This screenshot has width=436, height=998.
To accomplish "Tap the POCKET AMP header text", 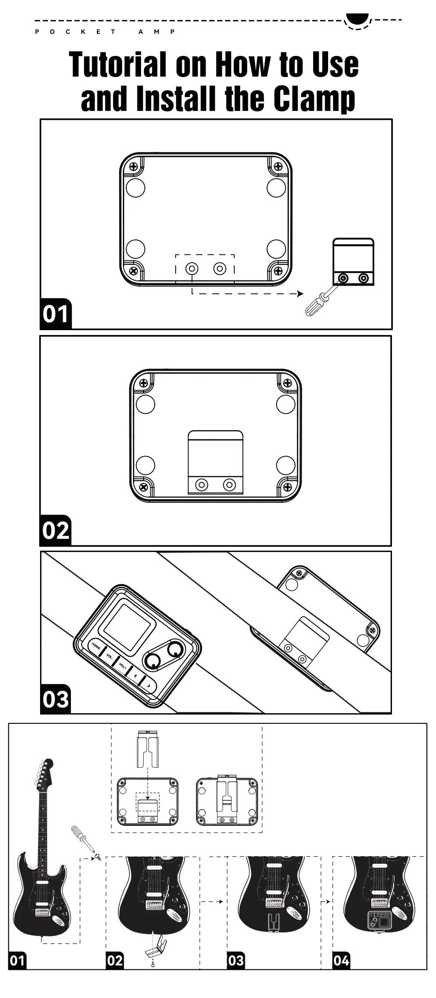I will [105, 32].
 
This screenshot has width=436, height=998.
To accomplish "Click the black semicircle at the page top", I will [357, 18].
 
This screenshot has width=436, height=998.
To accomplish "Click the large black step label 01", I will [55, 314].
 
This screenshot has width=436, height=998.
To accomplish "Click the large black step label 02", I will [55, 530].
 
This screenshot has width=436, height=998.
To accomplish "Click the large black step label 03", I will [55, 699].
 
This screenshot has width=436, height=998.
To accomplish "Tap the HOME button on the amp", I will [96, 647].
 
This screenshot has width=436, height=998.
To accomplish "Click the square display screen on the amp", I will [125, 626].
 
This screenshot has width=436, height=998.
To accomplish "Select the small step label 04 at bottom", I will [341, 960].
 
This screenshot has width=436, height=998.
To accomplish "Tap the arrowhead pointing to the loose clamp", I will [301, 294].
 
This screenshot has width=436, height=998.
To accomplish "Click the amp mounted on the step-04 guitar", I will [379, 921].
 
